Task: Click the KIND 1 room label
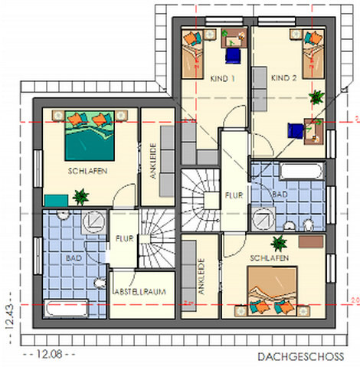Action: coord(222,78)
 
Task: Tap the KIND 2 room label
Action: coord(284,77)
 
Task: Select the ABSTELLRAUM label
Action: coord(140,292)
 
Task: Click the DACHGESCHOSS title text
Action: coord(301,356)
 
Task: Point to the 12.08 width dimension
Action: coord(49,354)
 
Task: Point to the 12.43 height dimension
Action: coord(9,315)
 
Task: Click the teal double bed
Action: coord(90,136)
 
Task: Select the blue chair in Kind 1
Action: coord(233,56)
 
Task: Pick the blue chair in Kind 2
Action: coord(296,130)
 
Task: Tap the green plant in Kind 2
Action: coord(316,97)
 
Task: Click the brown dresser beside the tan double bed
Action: coord(311,241)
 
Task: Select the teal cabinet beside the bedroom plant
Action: coord(57,200)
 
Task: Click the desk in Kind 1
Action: coord(234,38)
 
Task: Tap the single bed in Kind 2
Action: coord(313,54)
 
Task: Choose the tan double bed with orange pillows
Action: coord(272,290)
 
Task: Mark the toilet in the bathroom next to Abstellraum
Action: coord(100,283)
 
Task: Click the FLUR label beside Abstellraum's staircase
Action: coord(124,238)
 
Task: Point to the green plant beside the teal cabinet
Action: coord(80,197)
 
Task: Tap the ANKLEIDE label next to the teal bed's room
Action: coord(153,161)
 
